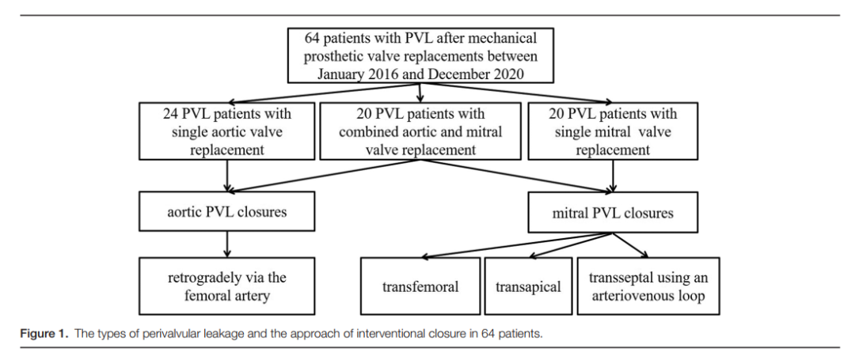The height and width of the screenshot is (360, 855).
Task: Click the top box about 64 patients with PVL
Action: (420, 56)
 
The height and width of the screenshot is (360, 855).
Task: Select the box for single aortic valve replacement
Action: (227, 131)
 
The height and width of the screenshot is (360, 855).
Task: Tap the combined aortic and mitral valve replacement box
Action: (420, 131)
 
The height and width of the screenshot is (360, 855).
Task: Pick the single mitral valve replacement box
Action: (613, 131)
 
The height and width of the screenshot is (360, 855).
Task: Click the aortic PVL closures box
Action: (227, 211)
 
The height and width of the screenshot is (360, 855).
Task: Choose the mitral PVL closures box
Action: (613, 212)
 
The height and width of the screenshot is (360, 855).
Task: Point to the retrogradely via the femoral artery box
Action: (227, 286)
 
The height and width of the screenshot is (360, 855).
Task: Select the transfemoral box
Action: (420, 286)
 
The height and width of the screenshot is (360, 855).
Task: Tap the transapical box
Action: (528, 286)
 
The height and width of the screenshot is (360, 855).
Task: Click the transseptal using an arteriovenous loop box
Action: (648, 286)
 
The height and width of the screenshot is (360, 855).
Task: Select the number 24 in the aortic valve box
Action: (171, 114)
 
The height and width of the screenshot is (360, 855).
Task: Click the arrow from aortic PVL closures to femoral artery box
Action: (227, 244)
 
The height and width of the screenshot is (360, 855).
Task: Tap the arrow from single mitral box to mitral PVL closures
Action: (614, 176)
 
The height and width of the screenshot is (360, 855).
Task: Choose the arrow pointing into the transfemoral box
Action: (517, 245)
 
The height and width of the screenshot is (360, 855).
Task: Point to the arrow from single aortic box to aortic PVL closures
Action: (227, 176)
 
